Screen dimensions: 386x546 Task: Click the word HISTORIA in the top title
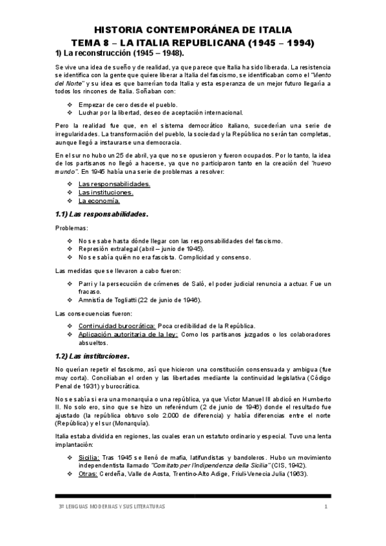coord(119,30)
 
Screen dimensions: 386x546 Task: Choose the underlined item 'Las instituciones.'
coord(106,192)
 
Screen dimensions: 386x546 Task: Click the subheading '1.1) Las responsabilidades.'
coord(102,214)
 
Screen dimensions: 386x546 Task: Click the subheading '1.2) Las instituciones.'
coord(93,356)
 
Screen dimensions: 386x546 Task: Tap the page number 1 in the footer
coord(327,507)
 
